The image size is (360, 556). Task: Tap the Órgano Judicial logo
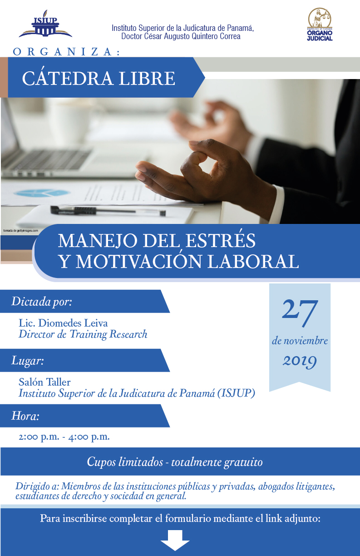320,25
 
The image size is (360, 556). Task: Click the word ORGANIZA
66,52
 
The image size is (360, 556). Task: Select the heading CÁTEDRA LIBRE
99,78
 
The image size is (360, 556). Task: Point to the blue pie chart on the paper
41,193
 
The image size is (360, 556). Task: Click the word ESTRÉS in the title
220,240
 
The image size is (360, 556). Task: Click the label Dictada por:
42,302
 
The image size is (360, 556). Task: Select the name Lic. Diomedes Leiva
63,323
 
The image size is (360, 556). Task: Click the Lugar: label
28,361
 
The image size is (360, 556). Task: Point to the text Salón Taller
44,382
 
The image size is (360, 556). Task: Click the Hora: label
25,416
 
